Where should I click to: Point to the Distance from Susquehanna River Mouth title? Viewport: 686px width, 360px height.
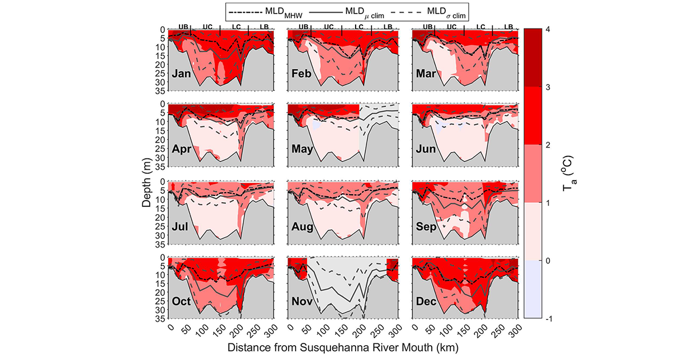coord(343,347)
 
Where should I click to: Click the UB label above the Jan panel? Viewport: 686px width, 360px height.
coord(183,27)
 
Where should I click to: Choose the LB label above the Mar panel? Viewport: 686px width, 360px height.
coord(509,27)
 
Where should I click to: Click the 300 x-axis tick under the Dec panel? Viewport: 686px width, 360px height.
coord(514,328)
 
